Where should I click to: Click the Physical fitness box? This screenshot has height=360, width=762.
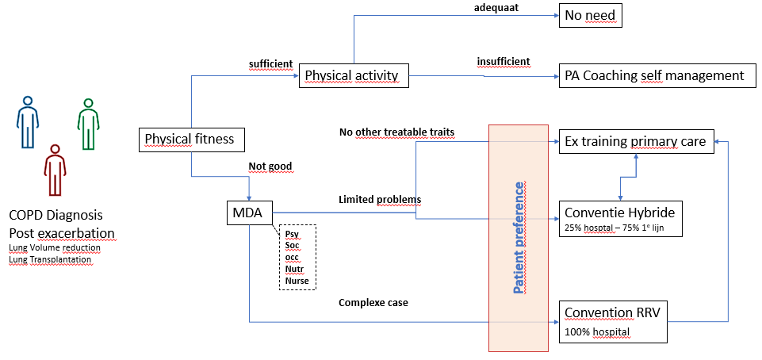pos(192,139)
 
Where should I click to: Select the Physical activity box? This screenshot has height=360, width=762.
pos(354,75)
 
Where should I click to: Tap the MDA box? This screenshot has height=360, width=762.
pos(250,213)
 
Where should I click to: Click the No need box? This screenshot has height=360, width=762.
pos(591,16)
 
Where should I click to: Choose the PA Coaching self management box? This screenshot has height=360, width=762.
pos(657,75)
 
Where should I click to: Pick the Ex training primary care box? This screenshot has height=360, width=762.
pos(637,141)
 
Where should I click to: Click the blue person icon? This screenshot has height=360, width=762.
pos(28,121)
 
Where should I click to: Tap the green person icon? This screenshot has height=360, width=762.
pos(88,124)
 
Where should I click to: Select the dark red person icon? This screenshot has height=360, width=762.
pos(55,170)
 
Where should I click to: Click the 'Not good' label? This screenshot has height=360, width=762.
pos(270,167)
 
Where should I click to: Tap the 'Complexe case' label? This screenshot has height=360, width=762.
pos(373,303)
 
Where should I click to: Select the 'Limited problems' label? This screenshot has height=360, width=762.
pos(380,199)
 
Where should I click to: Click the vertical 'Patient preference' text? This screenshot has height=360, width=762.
pos(519,238)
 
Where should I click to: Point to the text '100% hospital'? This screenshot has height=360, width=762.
pos(597,332)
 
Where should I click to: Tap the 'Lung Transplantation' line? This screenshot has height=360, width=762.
pos(50,259)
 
